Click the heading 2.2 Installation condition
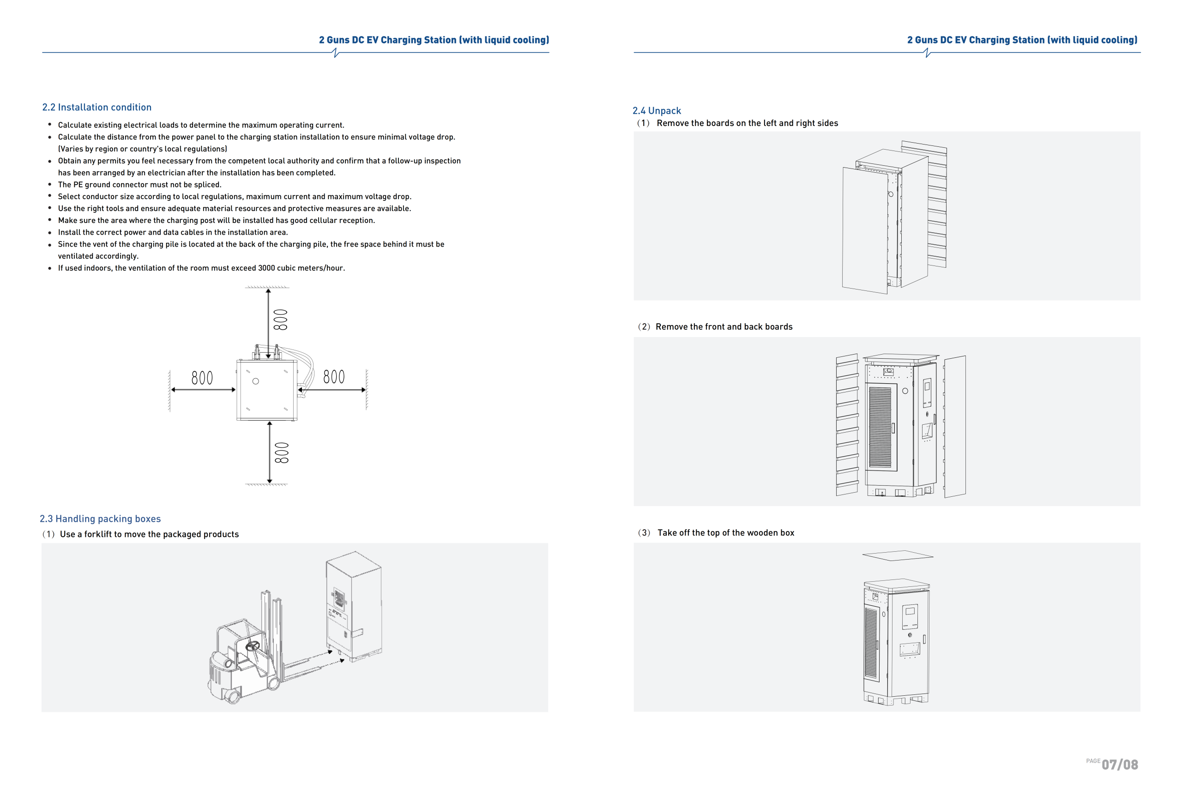[x=96, y=107]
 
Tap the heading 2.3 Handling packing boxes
[x=100, y=519]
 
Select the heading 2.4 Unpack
[x=656, y=111]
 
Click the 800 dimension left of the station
[x=202, y=378]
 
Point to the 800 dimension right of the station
[x=334, y=377]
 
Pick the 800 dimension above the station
[x=280, y=320]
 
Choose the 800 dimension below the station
[x=281, y=452]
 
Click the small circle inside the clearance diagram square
[x=256, y=381]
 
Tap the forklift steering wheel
[x=252, y=646]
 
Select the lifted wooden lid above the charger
[x=897, y=555]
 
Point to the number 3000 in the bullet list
[x=266, y=268]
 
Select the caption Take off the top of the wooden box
[x=725, y=533]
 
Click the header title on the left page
[x=434, y=40]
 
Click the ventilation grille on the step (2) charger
[x=880, y=427]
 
